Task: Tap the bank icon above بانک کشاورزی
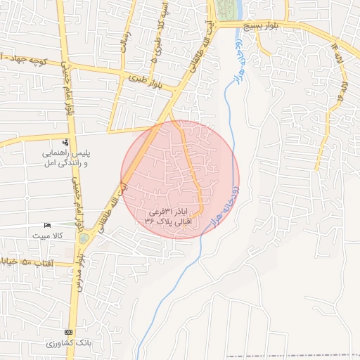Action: (68, 332)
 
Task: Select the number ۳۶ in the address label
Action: (149, 220)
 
